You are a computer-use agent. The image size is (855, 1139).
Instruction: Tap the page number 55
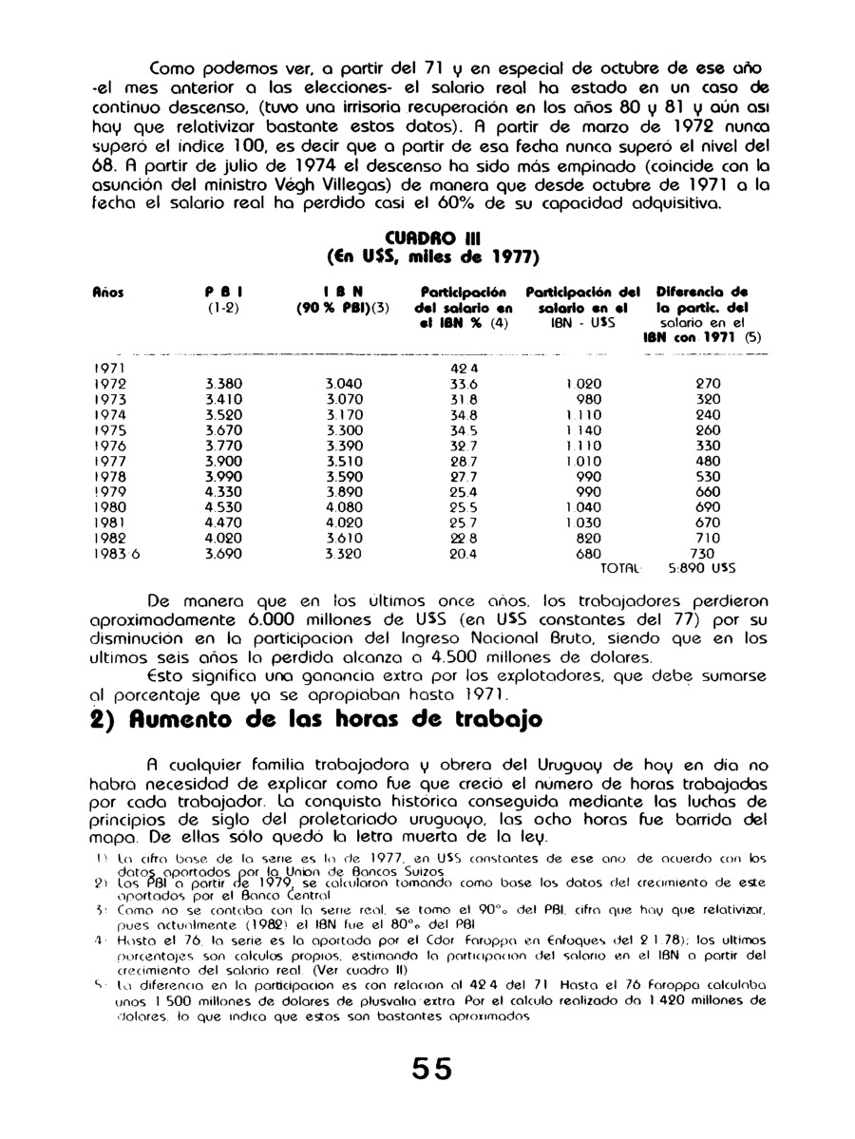coord(427,1068)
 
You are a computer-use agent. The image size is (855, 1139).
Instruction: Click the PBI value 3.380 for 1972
coord(224,384)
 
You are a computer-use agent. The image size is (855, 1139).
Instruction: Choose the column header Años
coord(108,294)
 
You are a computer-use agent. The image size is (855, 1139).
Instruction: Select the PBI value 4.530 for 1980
coord(224,507)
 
